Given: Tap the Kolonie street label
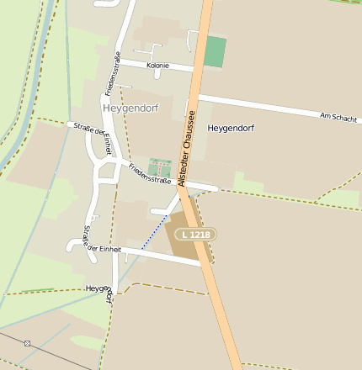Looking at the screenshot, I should [157, 66].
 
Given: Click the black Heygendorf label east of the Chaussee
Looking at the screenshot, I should [231, 129].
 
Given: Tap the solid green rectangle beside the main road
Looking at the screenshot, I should [216, 52].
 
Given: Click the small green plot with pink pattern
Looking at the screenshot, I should [158, 166].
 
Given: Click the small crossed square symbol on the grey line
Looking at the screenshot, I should [28, 343].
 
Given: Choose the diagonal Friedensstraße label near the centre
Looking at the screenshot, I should [151, 174].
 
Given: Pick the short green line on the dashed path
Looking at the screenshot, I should [38, 291].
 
